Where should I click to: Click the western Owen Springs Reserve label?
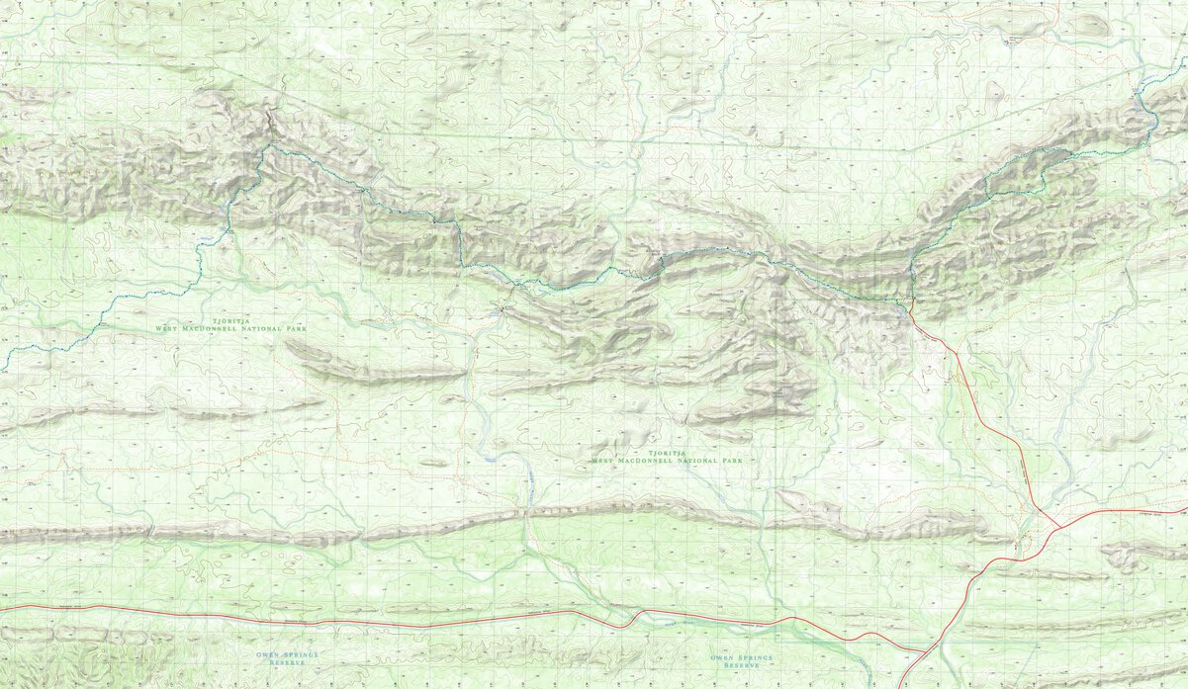[272, 658]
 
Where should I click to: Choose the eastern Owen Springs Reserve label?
[742, 660]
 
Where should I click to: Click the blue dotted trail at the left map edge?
[3, 371]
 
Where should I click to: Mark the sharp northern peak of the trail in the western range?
[267, 146]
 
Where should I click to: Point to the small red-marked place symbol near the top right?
[1011, 39]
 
